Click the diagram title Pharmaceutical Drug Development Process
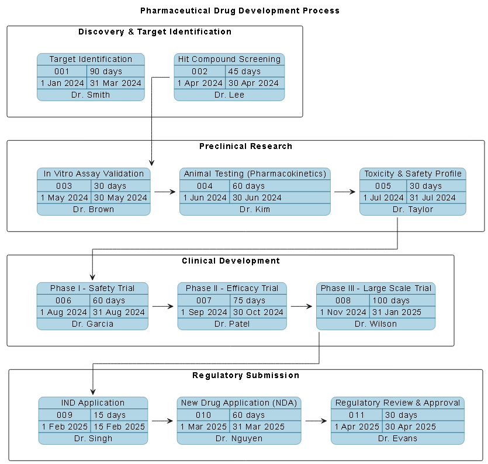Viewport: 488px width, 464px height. pyautogui.click(x=240, y=11)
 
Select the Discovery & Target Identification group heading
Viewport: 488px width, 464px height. pyautogui.click(x=155, y=32)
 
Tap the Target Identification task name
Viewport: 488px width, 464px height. pyautogui.click(x=91, y=59)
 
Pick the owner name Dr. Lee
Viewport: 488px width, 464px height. pyautogui.click(x=229, y=95)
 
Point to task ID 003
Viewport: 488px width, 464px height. pyautogui.click(x=64, y=186)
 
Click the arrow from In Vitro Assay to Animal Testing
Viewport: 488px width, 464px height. pyautogui.click(x=164, y=192)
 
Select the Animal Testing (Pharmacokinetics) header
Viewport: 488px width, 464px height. pyautogui.click(x=255, y=174)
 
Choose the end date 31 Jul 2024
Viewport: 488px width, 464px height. pyautogui.click(x=432, y=198)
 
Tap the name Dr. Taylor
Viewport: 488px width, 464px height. pyautogui.click(x=413, y=209)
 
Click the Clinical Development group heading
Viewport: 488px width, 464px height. pyautogui.click(x=231, y=261)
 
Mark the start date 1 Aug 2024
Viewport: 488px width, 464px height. pyautogui.click(x=63, y=312)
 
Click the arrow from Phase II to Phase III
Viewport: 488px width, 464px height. pyautogui.click(x=301, y=306)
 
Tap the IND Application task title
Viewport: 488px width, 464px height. pyautogui.click(x=93, y=403)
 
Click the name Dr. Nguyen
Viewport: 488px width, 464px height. pyautogui.click(x=239, y=438)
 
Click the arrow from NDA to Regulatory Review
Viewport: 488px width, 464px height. pyautogui.click(x=316, y=420)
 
